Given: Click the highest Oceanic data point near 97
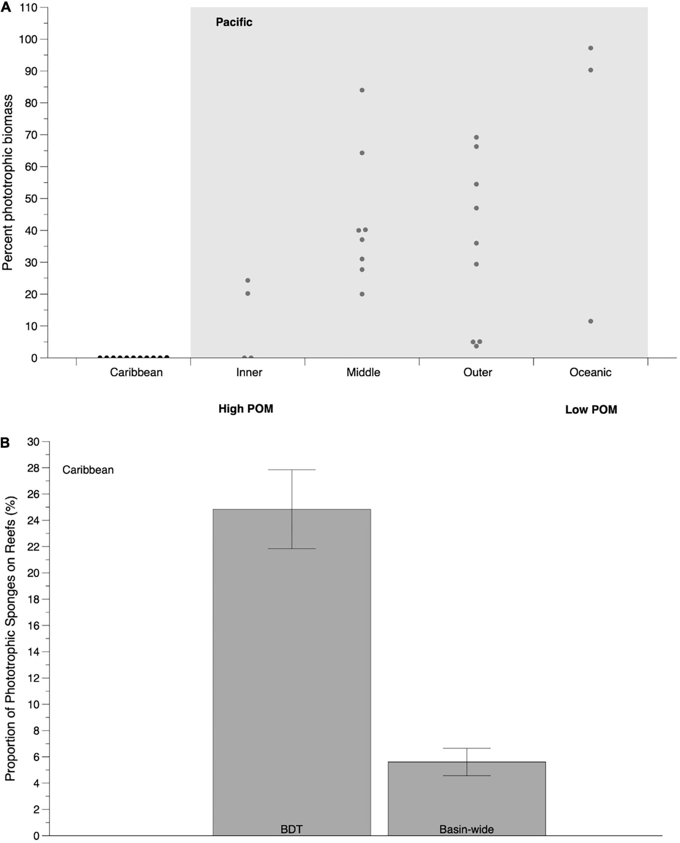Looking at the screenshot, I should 591,48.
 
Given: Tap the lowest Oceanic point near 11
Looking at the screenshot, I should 591,321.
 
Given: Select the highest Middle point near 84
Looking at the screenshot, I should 362,90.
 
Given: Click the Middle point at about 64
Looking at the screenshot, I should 362,153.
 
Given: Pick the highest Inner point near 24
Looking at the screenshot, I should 248,280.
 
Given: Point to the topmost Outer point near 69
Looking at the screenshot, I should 476,137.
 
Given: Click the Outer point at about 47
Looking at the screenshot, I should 476,208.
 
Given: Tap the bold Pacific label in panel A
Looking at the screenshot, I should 234,22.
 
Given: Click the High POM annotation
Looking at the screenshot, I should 246,409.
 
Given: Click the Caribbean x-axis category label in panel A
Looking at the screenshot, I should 136,372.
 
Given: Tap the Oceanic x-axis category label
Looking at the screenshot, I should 590,372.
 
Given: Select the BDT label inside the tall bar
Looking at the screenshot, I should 292,829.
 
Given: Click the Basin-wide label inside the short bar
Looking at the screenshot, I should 466,829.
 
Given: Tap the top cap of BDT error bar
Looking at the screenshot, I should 292,470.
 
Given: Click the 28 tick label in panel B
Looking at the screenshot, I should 33,468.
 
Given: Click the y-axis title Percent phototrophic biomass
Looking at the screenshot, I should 7,182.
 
